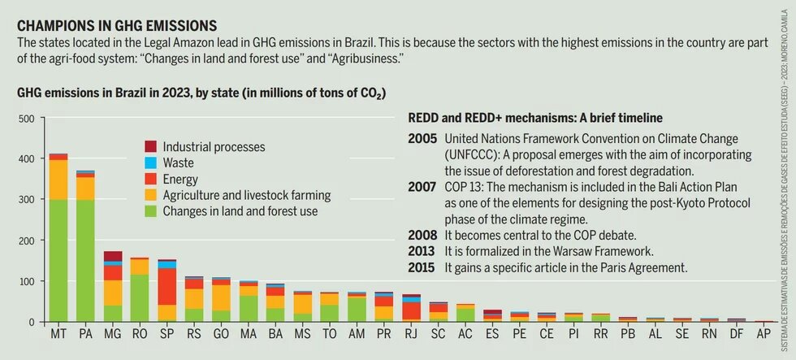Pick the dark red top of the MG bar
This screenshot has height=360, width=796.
[113, 256]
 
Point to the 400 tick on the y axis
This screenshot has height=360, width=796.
[26, 159]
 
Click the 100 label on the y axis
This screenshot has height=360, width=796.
[26, 281]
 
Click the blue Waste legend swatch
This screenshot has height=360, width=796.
[151, 163]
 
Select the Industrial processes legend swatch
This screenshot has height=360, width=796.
[151, 147]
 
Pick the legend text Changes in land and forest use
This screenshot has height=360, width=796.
[251, 211]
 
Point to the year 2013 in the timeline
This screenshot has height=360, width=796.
[422, 251]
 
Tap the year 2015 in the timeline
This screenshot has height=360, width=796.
[422, 267]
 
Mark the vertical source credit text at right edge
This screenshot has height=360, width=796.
[785, 179]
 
